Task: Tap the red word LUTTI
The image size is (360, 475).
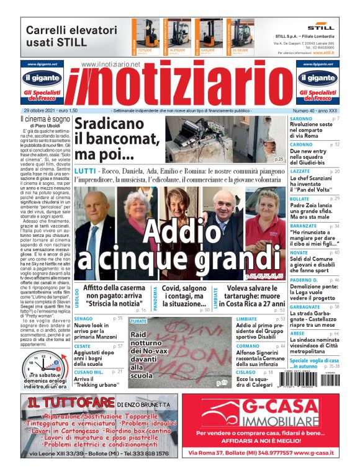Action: (85, 171)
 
